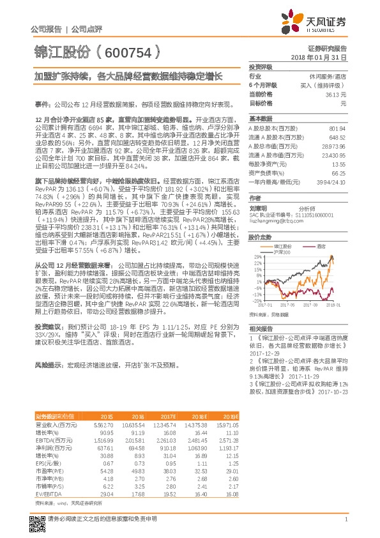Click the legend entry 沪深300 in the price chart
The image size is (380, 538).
[282, 250]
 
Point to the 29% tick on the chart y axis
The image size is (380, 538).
[254, 257]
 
